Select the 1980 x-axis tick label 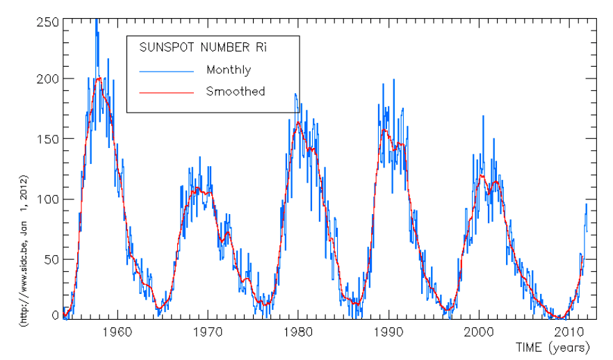pyautogui.click(x=298, y=332)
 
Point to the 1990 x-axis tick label pyautogui.click(x=389, y=332)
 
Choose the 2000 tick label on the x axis pyautogui.click(x=479, y=332)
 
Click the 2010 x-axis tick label pyautogui.click(x=569, y=332)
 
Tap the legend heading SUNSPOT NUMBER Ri pyautogui.click(x=203, y=48)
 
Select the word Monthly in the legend pyautogui.click(x=229, y=69)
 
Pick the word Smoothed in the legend pyautogui.click(x=235, y=91)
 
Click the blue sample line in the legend pyautogui.click(x=165, y=70)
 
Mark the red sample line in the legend pyautogui.click(x=165, y=92)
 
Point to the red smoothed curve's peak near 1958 pyautogui.click(x=99, y=78)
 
